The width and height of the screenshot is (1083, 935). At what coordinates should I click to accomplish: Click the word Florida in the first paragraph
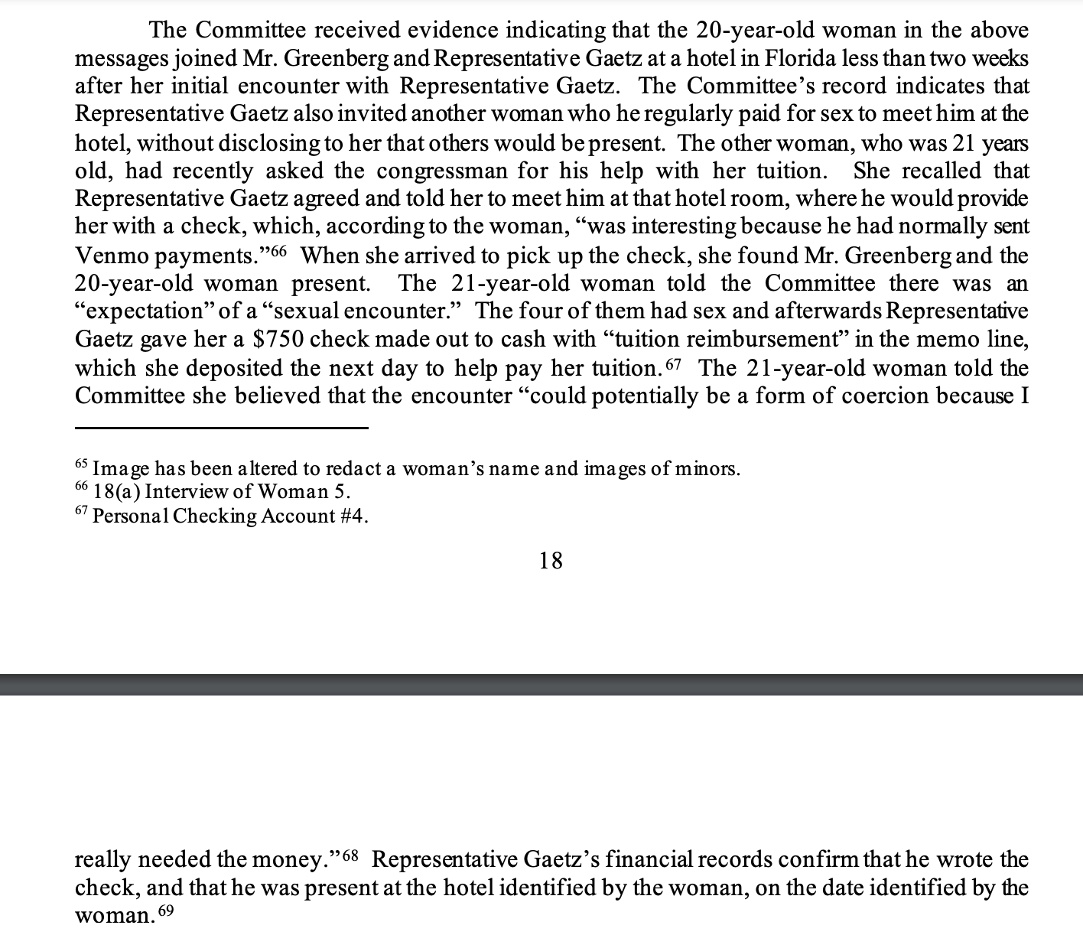[799, 58]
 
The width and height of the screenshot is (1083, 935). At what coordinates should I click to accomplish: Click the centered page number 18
[551, 561]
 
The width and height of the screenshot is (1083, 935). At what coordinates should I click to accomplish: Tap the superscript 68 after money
[350, 854]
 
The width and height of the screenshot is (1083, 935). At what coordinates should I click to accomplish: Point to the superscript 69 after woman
[166, 911]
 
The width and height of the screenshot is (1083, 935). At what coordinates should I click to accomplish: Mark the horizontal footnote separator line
[221, 428]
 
